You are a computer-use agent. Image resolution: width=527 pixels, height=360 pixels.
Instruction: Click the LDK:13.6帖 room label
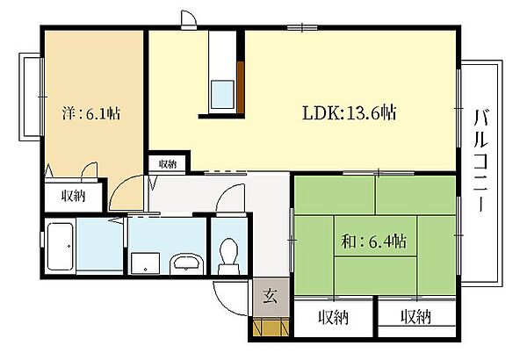(349, 113)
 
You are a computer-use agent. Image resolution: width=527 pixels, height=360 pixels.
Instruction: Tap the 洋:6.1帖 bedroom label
(91, 113)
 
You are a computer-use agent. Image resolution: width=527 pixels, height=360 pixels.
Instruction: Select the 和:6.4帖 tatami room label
(373, 241)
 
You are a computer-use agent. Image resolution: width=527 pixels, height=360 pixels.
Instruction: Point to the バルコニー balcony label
(481, 161)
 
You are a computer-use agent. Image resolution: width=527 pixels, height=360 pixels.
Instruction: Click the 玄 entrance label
(271, 296)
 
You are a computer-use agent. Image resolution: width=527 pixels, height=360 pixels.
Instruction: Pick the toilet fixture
(228, 256)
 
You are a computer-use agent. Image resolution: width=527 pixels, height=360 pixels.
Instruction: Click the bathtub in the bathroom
(60, 246)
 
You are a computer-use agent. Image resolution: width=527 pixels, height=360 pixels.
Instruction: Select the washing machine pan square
(145, 263)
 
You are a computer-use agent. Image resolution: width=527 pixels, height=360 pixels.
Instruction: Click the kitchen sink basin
(222, 95)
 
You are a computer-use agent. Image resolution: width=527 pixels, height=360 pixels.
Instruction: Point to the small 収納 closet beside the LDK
(168, 164)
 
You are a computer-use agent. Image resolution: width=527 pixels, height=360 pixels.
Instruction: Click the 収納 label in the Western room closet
(73, 195)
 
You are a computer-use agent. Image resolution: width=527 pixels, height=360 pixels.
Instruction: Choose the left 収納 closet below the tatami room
(334, 317)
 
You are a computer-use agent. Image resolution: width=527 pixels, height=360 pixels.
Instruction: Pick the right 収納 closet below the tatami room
(416, 317)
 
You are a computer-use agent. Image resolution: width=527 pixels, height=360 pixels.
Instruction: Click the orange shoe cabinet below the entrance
(271, 326)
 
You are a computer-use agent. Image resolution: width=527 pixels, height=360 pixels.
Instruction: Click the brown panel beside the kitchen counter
(241, 88)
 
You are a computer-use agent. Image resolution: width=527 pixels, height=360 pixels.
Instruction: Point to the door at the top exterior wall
(188, 20)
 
